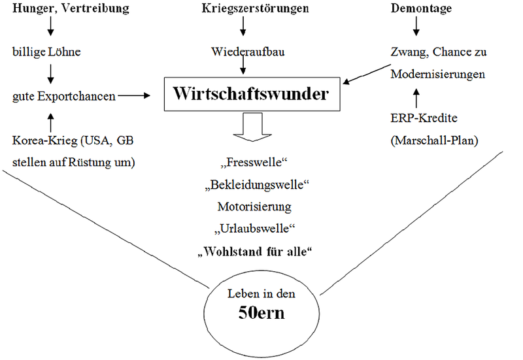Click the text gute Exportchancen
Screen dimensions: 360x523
[64, 97]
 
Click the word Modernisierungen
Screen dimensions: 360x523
[437, 74]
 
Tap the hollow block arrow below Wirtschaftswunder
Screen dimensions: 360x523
[252, 127]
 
